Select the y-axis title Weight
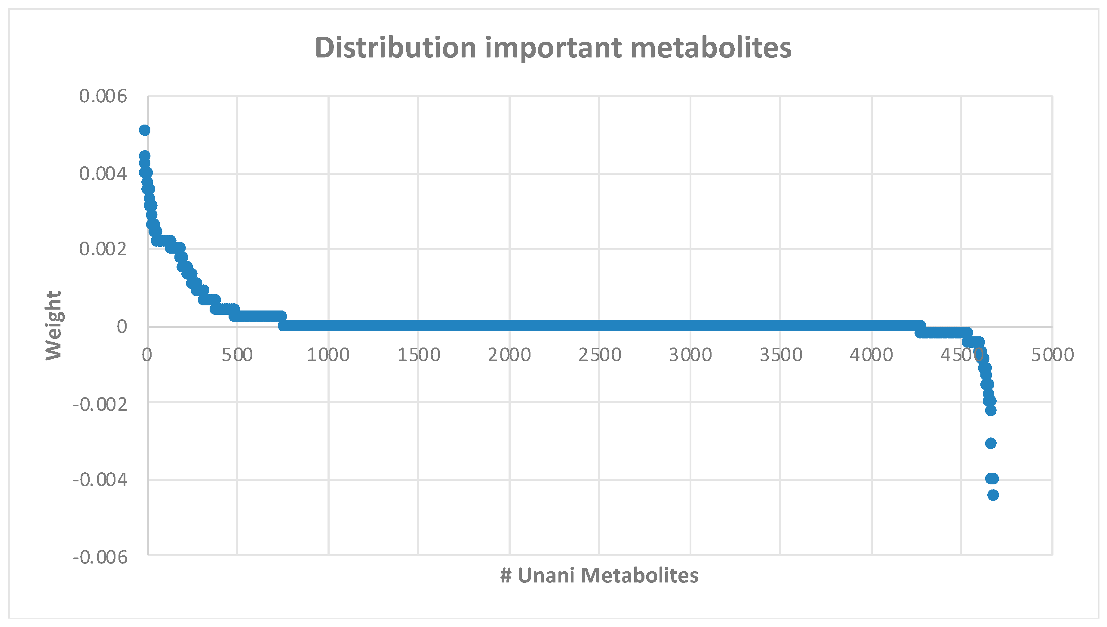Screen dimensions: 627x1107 click(54, 325)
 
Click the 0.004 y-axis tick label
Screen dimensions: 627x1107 click(103, 174)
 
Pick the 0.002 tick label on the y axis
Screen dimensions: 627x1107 click(103, 249)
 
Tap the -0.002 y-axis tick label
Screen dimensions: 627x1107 click(100, 404)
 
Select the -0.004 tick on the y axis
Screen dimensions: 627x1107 click(100, 479)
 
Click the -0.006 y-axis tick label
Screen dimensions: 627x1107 click(100, 557)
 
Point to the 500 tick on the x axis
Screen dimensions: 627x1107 click(237, 355)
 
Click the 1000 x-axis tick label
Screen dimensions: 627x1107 click(328, 355)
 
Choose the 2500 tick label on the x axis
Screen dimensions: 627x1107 click(600, 355)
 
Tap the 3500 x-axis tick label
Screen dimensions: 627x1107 click(781, 355)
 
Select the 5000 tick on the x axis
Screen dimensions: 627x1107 click(1052, 355)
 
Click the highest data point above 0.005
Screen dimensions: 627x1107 click(145, 130)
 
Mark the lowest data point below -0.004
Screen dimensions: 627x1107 click(993, 495)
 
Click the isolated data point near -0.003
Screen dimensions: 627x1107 click(991, 443)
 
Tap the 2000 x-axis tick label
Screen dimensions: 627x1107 click(509, 355)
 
